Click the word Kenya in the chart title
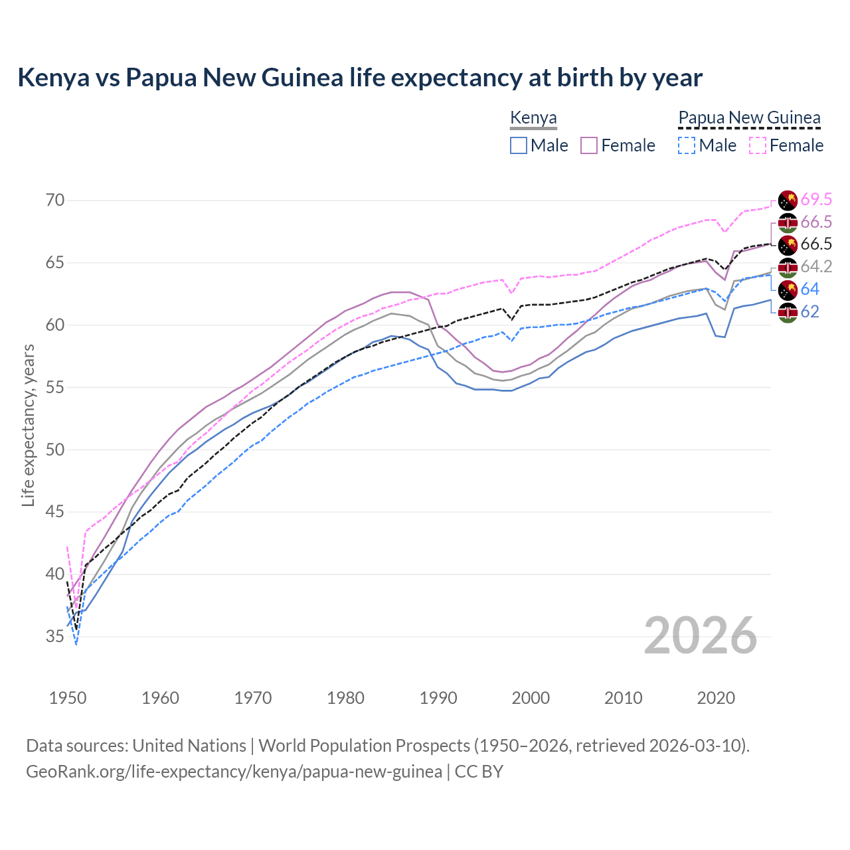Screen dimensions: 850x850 53,78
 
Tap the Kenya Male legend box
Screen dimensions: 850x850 519,145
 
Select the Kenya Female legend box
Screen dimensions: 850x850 589,145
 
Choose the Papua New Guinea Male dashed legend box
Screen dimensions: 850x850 687,145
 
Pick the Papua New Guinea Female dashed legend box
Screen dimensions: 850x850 758,145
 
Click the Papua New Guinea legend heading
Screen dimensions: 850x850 749,118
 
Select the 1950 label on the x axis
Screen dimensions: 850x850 68,698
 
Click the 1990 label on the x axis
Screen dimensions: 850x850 438,698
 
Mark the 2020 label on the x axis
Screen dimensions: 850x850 716,698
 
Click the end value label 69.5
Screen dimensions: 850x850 816,199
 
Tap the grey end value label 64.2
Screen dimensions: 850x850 816,267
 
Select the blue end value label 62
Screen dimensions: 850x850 809,312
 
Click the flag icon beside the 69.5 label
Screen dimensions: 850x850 788,200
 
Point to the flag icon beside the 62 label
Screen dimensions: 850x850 788,312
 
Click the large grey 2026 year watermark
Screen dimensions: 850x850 701,636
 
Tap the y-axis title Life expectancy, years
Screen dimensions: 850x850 28,425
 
